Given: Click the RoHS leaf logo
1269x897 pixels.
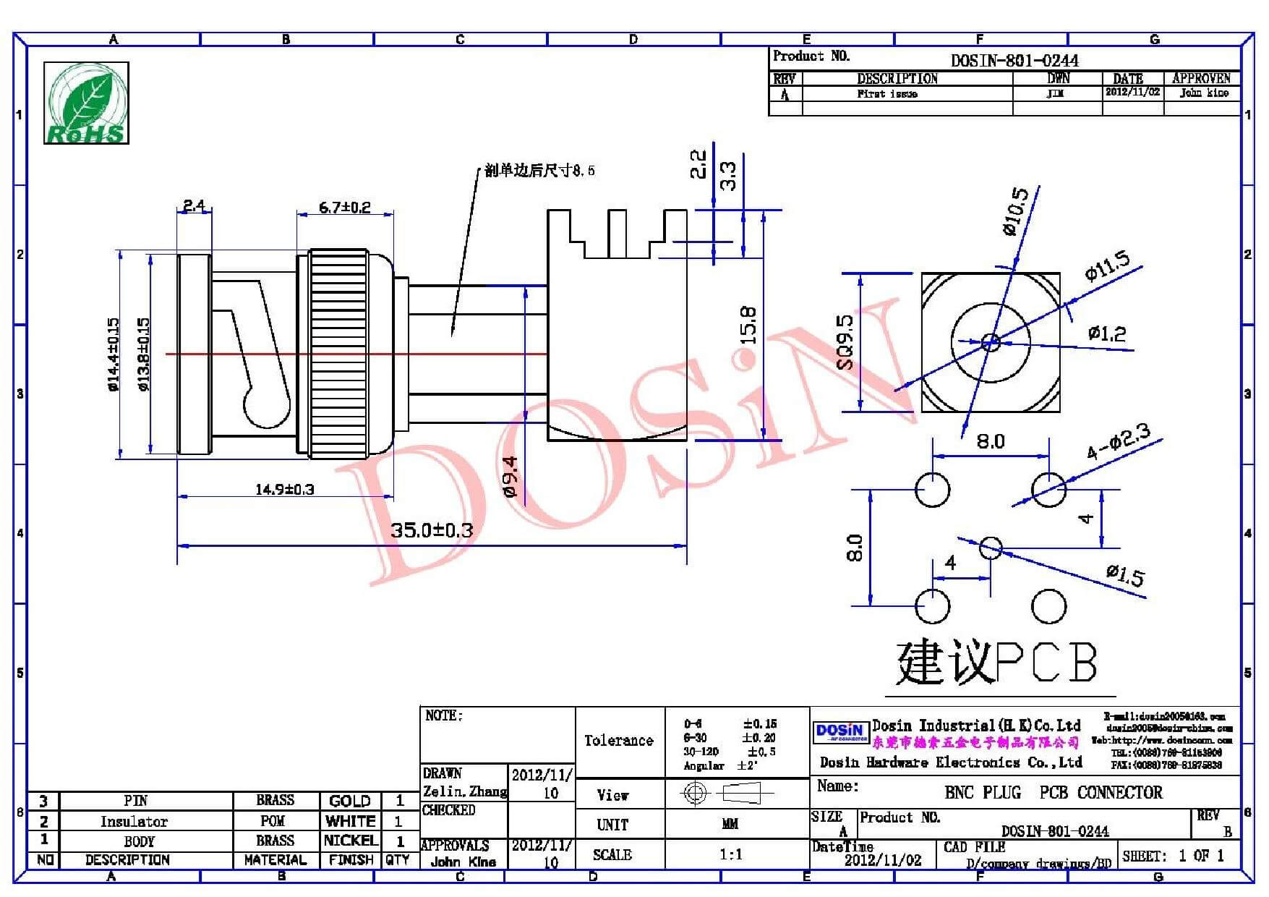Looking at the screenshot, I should pyautogui.click(x=86, y=103).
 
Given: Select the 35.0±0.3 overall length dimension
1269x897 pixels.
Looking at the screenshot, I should pyautogui.click(x=432, y=530).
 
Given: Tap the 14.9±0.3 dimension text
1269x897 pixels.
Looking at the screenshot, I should pyautogui.click(x=284, y=490).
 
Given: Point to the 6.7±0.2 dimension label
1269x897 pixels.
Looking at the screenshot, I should pyautogui.click(x=345, y=208).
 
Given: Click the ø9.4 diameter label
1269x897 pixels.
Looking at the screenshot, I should pyautogui.click(x=510, y=477).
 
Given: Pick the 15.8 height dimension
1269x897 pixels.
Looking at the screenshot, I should pyautogui.click(x=748, y=325).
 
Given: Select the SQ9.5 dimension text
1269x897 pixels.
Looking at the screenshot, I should pyautogui.click(x=845, y=342).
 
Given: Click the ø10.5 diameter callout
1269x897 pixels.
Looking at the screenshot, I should pyautogui.click(x=1014, y=211).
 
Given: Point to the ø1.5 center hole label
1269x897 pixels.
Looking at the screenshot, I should pyautogui.click(x=1125, y=576).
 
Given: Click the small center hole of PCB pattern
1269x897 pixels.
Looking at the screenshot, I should pyautogui.click(x=991, y=548).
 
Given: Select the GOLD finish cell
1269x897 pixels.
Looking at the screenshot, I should pyautogui.click(x=350, y=801).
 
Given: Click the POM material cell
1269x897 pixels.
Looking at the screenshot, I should pyautogui.click(x=273, y=821).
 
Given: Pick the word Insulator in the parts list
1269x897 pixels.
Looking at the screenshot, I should pyautogui.click(x=134, y=822).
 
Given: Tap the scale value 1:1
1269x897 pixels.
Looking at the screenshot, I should pyautogui.click(x=730, y=855).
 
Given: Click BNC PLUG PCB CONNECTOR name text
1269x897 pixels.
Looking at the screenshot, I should pyautogui.click(x=1053, y=792).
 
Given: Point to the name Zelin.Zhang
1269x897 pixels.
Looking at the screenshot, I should pyautogui.click(x=464, y=791).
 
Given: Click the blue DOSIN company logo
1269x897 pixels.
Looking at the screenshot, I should pyautogui.click(x=839, y=732).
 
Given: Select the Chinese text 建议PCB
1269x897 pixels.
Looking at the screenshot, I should pyautogui.click(x=996, y=662).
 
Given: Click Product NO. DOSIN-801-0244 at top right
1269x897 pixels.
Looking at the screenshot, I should pyautogui.click(x=1014, y=61).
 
